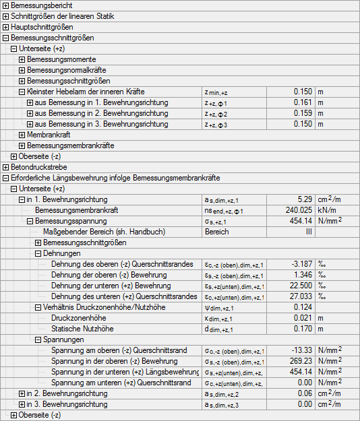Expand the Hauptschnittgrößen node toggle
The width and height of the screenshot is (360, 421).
[5, 27]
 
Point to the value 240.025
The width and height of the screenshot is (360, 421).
[297, 210]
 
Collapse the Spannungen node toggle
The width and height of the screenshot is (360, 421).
[38, 339]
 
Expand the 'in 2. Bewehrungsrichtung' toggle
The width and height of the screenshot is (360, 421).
[22, 393]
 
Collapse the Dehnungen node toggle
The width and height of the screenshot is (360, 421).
[38, 253]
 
